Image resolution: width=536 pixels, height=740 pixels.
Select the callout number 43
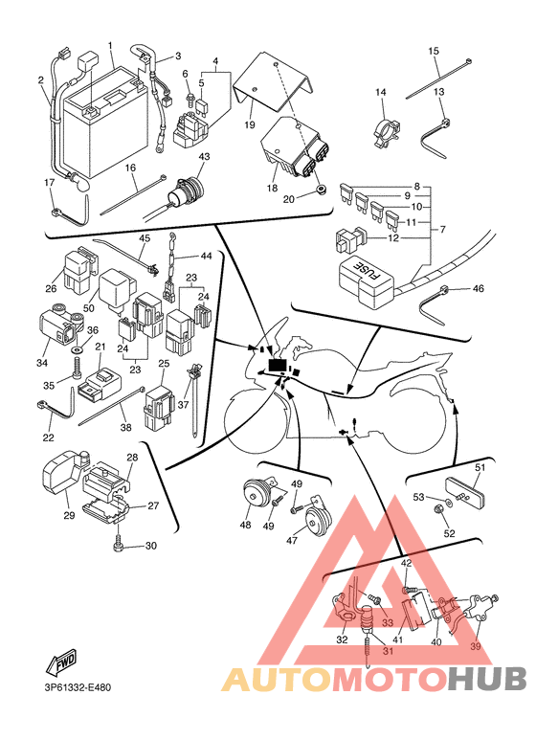[204, 156]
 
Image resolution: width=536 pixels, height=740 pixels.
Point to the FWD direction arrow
[61, 662]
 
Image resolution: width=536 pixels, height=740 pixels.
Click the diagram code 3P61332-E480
[75, 687]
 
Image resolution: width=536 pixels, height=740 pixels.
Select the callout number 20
[288, 200]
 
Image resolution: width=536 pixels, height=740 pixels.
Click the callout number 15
[434, 51]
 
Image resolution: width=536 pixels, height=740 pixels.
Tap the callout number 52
[450, 533]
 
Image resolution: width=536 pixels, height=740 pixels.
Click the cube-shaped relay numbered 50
[117, 290]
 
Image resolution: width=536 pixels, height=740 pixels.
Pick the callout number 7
[442, 230]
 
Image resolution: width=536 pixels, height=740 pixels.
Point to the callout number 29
[69, 515]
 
